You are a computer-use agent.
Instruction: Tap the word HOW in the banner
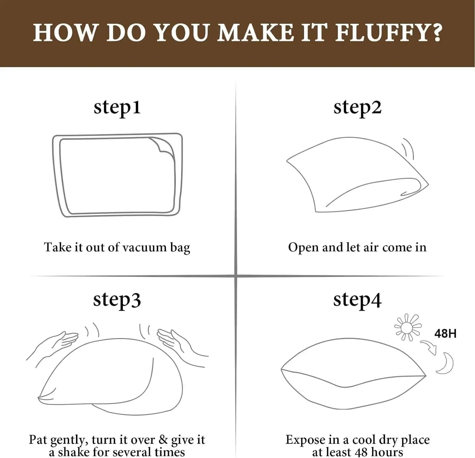pos(65,33)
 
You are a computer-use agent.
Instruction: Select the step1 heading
pos(117,107)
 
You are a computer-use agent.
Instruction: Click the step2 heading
pos(357,107)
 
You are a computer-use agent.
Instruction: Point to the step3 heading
pos(117,299)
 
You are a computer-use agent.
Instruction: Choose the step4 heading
pos(357,299)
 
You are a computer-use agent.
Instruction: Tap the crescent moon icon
pos(445,363)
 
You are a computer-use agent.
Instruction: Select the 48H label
pos(445,334)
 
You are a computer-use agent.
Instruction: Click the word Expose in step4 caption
pos(305,440)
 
